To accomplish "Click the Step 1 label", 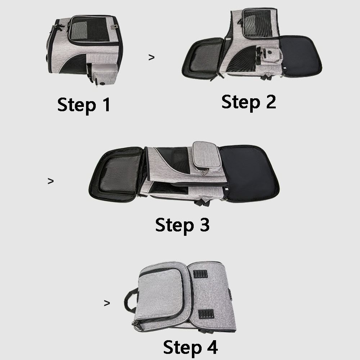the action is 84,105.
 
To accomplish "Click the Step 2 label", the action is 249,102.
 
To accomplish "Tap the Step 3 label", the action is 183,225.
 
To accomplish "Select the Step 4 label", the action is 190,347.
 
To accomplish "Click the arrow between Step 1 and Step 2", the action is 151,57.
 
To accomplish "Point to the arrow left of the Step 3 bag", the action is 50,181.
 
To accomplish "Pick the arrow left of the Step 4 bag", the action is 107,303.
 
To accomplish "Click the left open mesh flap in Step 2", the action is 202,59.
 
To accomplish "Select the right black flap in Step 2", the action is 300,56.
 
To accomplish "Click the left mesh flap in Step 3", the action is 117,175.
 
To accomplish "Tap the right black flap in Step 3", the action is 249,174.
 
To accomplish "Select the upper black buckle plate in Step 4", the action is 200,274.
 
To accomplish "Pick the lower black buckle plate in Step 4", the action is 206,314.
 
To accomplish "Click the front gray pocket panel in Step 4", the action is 161,293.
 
